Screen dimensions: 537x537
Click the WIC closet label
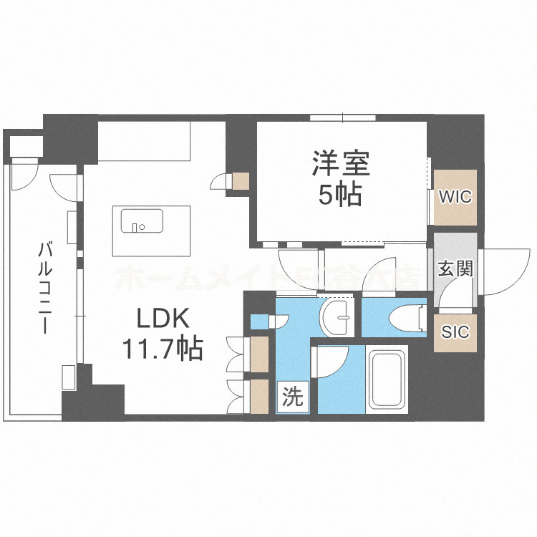click(455, 196)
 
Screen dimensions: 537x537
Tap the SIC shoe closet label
click(455, 332)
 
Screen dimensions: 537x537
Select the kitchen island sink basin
click(135, 222)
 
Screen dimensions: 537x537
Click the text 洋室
click(340, 164)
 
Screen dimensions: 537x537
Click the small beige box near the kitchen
click(240, 181)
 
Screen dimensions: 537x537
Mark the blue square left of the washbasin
click(258, 320)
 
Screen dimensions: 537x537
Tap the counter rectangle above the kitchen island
click(143, 140)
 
